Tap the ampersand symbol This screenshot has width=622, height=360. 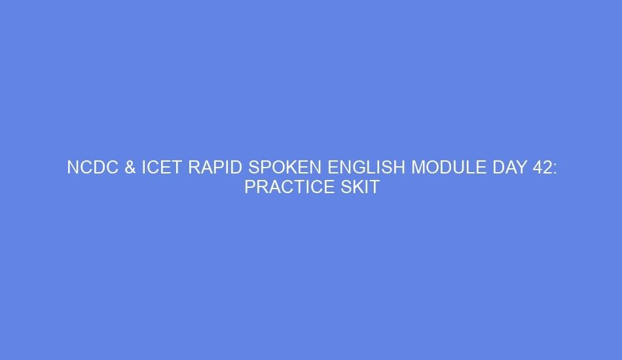pyautogui.click(x=130, y=168)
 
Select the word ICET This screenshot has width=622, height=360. pyautogui.click(x=162, y=168)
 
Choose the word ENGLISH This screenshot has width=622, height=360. pyautogui.click(x=367, y=168)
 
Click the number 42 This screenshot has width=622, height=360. pyautogui.click(x=541, y=168)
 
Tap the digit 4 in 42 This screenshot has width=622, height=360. pyautogui.click(x=536, y=168)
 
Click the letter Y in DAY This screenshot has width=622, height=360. pyautogui.click(x=521, y=168)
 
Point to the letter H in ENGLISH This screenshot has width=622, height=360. pyautogui.click(x=399, y=168)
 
